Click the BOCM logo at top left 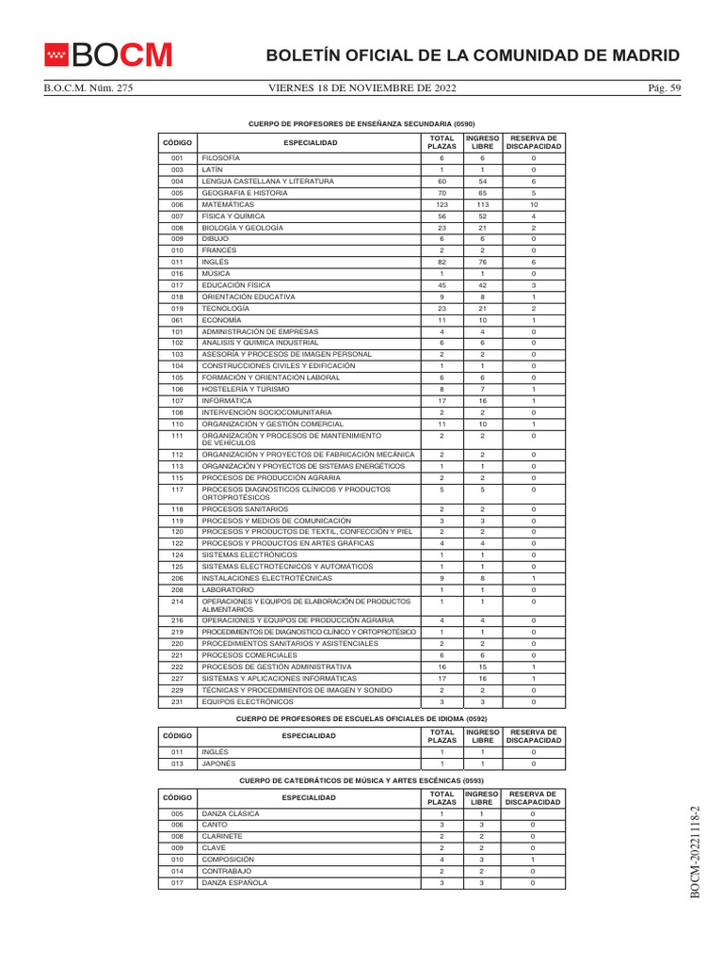[108, 56]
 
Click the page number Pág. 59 [663, 88]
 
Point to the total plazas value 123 [442, 204]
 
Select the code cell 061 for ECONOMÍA [177, 320]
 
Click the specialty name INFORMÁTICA [227, 401]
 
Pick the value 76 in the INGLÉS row [482, 263]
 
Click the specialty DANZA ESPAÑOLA [234, 883]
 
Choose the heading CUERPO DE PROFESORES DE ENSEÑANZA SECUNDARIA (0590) [361, 123]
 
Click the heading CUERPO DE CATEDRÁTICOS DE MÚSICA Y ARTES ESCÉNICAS [361, 780]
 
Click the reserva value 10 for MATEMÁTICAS [533, 204]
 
